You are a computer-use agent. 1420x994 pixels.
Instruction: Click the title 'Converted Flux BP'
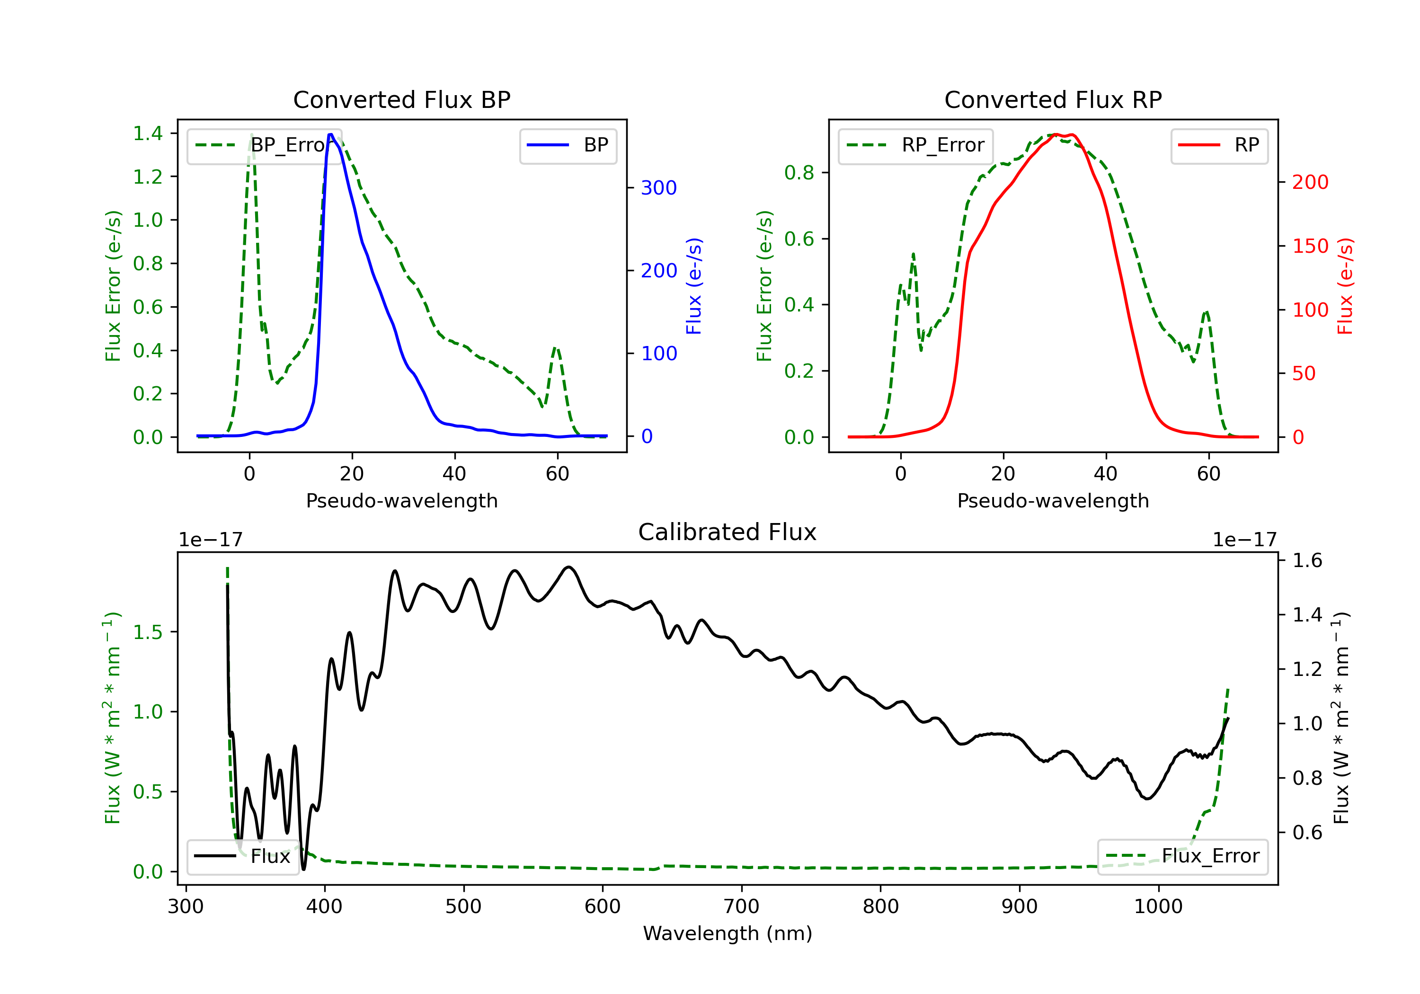[x=401, y=99]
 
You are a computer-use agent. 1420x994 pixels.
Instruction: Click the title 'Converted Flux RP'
[x=1053, y=99]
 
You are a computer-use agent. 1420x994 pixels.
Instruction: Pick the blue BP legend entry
[x=568, y=145]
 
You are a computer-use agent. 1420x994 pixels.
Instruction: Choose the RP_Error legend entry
[x=915, y=145]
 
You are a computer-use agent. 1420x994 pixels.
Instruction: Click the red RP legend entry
[x=1219, y=145]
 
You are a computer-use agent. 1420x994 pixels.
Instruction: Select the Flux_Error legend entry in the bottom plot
[x=1182, y=856]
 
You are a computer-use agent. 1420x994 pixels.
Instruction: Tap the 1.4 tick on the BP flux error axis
[x=147, y=133]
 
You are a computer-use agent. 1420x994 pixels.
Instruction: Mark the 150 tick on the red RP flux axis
[x=1310, y=246]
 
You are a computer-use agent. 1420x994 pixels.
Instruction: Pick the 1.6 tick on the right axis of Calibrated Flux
[x=1307, y=560]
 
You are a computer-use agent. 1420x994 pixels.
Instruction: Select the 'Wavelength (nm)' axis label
[x=728, y=933]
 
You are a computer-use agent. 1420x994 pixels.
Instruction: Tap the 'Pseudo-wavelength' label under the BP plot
[x=401, y=500]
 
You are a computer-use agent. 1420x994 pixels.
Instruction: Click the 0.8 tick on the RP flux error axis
[x=799, y=173]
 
